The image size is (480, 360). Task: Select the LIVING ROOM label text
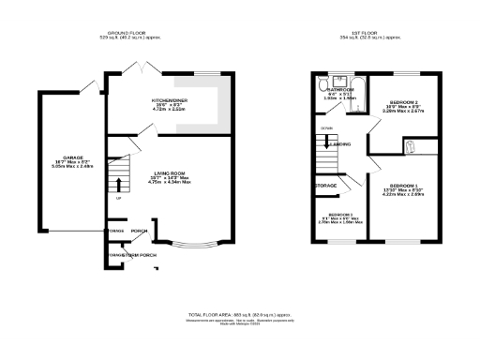click(171, 172)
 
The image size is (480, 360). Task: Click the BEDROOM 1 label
click(402, 185)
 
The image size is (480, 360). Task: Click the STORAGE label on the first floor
click(325, 186)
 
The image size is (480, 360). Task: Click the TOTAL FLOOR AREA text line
click(239, 314)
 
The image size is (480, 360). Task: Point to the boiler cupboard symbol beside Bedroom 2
click(409, 145)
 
